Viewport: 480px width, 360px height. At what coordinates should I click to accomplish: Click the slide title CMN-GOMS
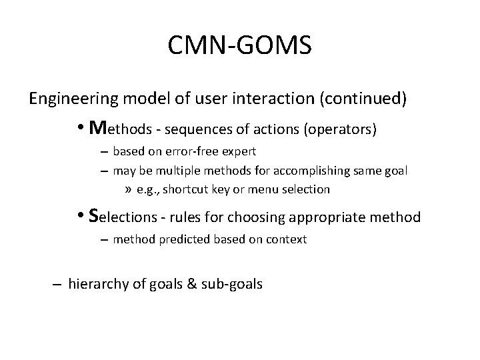(240, 47)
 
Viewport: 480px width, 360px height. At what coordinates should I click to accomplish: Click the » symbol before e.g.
(128, 189)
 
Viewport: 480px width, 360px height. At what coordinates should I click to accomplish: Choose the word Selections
(123, 216)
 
